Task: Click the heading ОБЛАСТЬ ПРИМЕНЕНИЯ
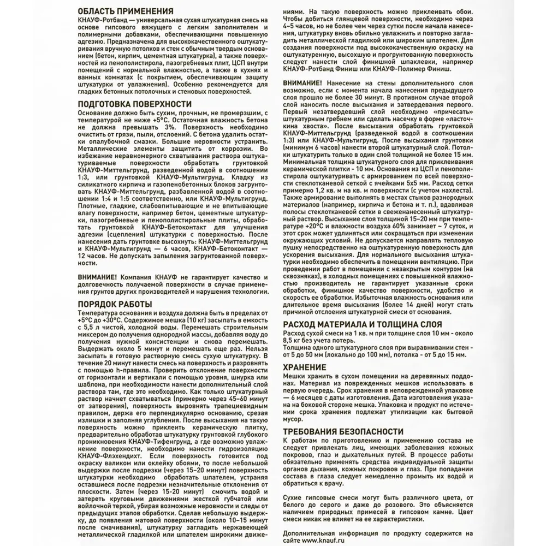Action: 126,11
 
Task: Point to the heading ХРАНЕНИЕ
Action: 305,367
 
